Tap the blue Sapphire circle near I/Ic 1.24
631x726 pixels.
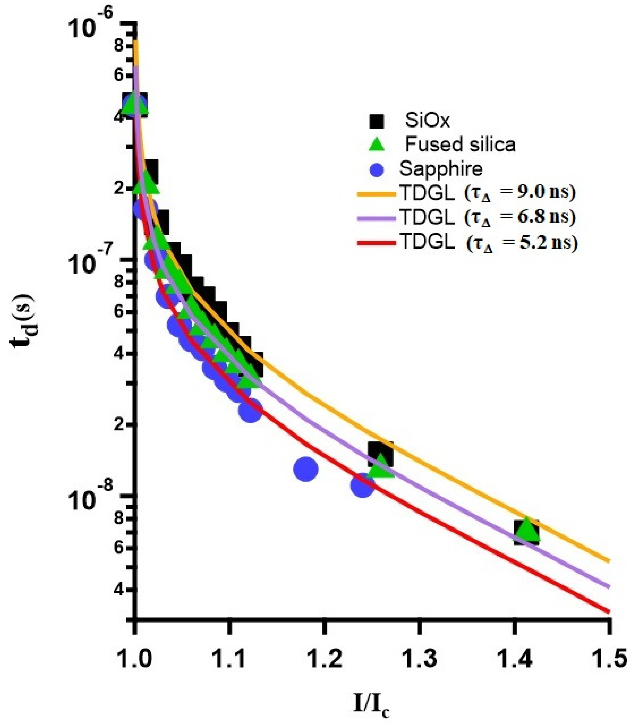pyautogui.click(x=362, y=486)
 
